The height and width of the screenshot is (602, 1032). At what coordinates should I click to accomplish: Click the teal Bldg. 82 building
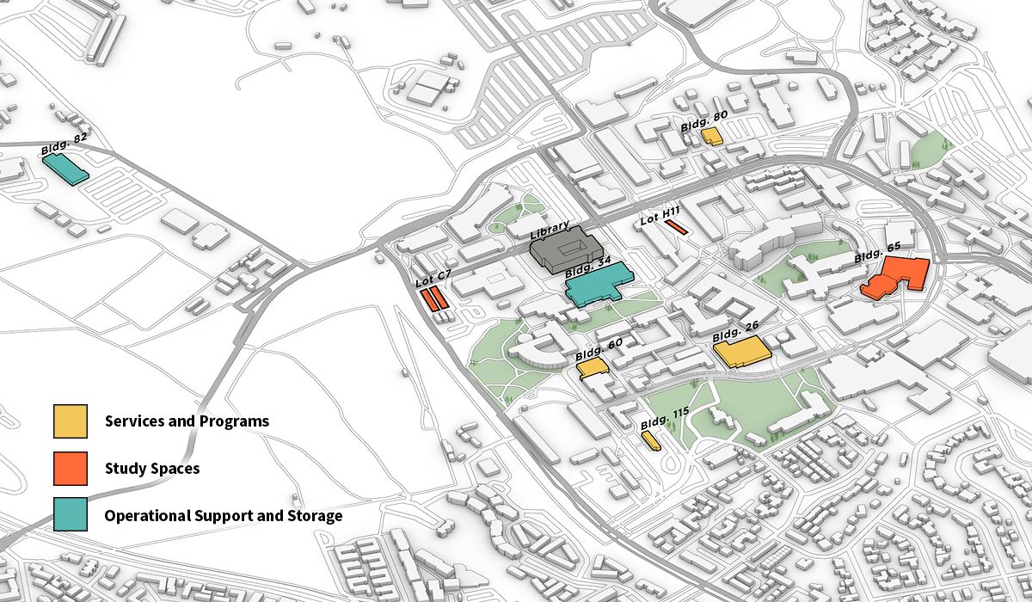[65, 169]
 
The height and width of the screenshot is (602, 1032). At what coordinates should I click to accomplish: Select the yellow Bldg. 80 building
[710, 136]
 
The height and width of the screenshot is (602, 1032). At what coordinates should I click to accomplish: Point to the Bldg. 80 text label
[704, 120]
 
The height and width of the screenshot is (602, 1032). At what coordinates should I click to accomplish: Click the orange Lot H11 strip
[675, 228]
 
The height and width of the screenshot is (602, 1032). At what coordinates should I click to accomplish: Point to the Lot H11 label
[660, 215]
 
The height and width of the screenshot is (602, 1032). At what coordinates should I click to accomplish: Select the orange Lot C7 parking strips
[433, 299]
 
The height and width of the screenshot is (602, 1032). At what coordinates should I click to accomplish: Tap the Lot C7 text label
[433, 278]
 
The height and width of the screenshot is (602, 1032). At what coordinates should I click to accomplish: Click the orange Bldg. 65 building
[895, 278]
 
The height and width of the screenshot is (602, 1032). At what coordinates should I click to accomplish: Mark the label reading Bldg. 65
[877, 252]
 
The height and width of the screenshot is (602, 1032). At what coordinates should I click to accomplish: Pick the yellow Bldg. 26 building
[740, 352]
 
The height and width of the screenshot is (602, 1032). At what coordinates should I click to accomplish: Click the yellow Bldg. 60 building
[593, 368]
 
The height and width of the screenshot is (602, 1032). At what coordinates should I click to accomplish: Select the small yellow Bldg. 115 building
[651, 440]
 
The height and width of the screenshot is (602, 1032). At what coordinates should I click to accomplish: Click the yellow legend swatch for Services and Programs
[70, 421]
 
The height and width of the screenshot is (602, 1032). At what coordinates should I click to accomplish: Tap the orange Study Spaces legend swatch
[70, 469]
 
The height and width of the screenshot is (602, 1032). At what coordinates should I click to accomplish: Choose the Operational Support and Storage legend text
[224, 516]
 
